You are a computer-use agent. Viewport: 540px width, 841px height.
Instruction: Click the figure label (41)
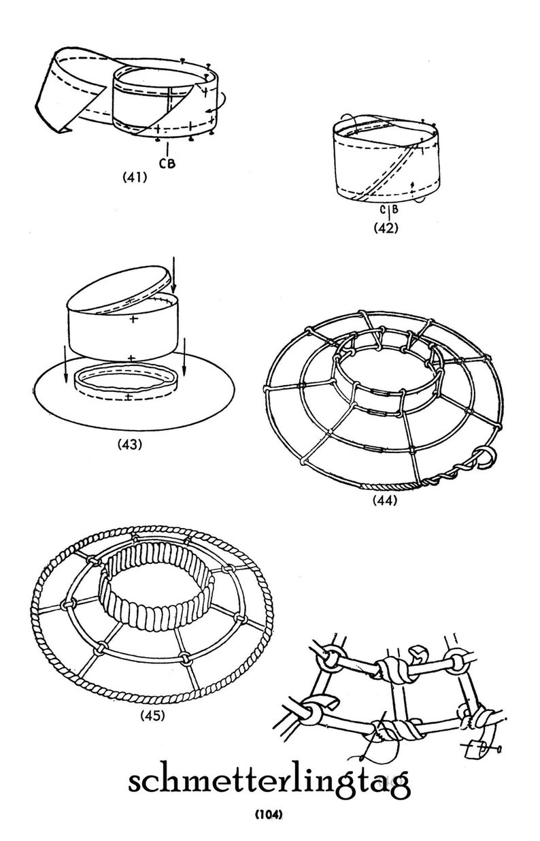click(135, 177)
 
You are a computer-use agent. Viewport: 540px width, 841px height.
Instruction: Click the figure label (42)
click(386, 228)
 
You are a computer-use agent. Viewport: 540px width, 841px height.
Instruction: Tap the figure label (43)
click(130, 444)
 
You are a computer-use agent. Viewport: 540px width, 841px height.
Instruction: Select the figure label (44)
click(385, 500)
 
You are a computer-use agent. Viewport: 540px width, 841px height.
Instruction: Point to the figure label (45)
click(152, 716)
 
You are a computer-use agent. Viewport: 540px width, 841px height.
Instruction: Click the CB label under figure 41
click(167, 163)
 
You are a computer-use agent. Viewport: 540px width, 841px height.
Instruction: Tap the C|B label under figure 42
click(388, 210)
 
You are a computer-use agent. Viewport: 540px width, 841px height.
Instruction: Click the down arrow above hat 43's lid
click(173, 275)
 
